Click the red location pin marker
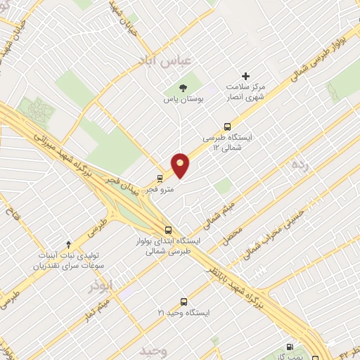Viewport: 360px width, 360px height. pos(181,165)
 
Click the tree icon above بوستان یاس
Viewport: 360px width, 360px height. pos(184,88)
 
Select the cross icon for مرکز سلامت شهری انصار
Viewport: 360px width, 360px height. pos(245,76)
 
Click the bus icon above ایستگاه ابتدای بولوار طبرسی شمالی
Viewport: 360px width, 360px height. pos(168,229)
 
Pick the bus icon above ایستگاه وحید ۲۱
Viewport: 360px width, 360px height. pos(184,301)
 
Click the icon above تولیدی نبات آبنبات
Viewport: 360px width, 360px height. pos(68,243)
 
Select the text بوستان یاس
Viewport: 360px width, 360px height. pos(184,101)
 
